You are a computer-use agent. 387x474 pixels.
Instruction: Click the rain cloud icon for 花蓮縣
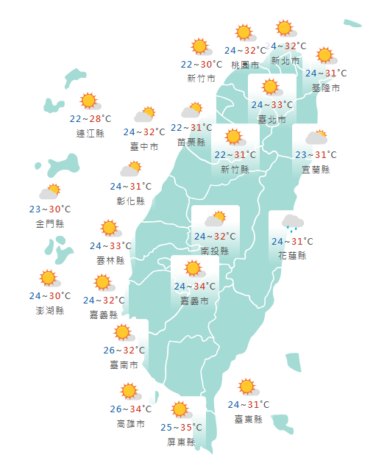tap(291, 223)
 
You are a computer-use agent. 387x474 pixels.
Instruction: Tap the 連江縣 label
tap(90, 133)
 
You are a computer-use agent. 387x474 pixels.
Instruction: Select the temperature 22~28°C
tap(90, 118)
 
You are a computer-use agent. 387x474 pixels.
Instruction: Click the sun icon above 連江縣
tap(90, 101)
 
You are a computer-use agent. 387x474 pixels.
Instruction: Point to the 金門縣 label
tap(50, 223)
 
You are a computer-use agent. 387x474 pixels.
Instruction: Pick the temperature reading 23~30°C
tap(50, 209)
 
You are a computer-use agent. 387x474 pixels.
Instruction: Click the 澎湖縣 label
tap(50, 310)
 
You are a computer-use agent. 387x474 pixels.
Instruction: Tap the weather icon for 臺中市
tap(144, 115)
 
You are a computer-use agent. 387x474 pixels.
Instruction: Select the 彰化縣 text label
tap(131, 201)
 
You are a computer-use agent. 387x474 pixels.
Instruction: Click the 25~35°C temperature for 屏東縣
tap(181, 427)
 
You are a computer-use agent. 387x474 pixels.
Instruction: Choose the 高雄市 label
tap(131, 424)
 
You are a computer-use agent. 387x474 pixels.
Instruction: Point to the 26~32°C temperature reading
tap(123, 350)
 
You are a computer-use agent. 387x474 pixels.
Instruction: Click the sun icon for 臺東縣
tap(247, 387)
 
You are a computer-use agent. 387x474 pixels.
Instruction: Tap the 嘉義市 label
tap(195, 301)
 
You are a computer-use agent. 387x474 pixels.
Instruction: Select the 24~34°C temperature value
tap(195, 287)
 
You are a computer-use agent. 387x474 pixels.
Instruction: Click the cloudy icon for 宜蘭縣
tap(316, 137)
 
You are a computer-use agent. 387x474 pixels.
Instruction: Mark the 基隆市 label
tap(326, 88)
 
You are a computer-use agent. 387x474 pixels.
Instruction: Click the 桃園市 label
tap(245, 65)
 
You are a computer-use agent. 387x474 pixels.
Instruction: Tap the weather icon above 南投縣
tap(215, 219)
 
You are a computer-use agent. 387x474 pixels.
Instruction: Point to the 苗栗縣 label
tap(191, 142)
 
